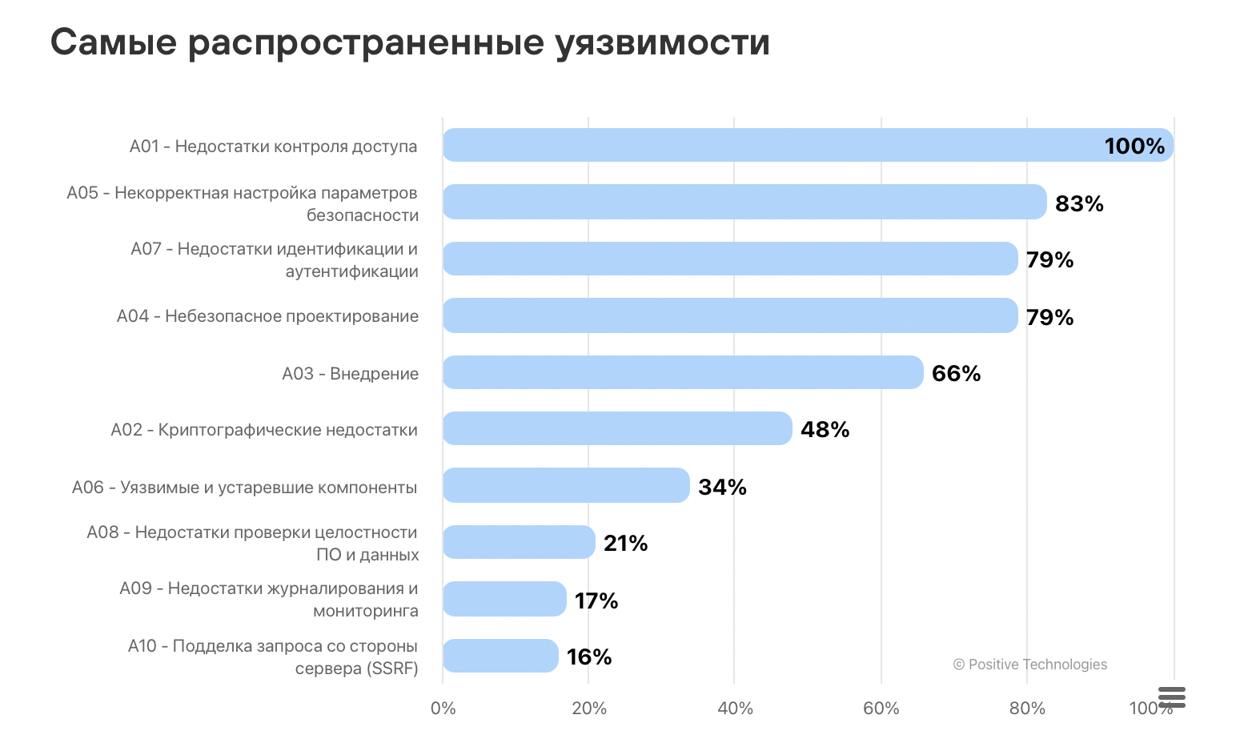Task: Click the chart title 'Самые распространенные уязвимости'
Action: tap(410, 42)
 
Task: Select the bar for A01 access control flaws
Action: tap(807, 145)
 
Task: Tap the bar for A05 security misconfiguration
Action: tap(744, 202)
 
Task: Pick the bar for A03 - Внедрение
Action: tap(683, 372)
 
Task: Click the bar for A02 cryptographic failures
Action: tap(617, 428)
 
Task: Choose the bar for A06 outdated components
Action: tap(566, 485)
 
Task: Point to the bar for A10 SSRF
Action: tap(500, 656)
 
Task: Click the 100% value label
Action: tap(1134, 146)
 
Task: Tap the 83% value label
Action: tap(1079, 203)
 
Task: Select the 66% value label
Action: tap(956, 373)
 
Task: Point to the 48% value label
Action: tap(825, 429)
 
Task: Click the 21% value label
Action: tap(625, 543)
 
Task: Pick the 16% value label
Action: tap(589, 657)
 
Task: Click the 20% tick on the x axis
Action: tap(588, 708)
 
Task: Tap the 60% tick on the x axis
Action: tap(881, 708)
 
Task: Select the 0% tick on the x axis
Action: tap(443, 708)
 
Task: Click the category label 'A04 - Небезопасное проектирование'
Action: tap(267, 316)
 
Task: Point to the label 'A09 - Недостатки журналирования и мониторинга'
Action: tap(269, 599)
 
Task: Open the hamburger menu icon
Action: tap(1171, 697)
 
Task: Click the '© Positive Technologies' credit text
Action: tap(1029, 665)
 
